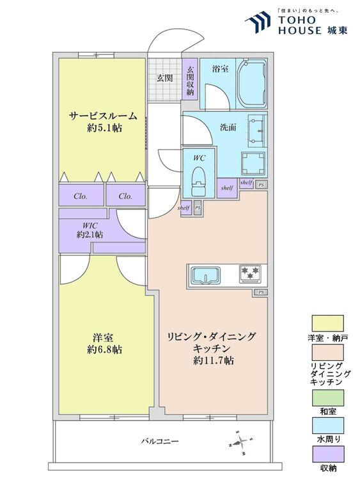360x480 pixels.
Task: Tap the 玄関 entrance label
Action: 164,78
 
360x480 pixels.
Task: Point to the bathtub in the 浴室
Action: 252,84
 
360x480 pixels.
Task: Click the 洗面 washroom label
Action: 228,127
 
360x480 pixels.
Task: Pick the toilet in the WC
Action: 199,181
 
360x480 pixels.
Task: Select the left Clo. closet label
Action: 80,196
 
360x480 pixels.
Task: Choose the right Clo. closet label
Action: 125,196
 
